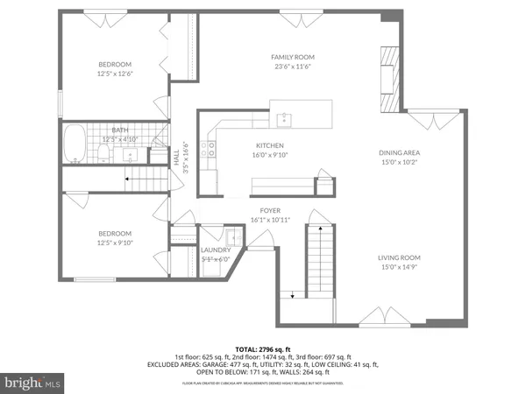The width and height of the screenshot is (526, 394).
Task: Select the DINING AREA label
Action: coord(399,151)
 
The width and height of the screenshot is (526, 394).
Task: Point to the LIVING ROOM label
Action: coord(399,257)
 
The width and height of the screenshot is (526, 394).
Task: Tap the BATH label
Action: coord(119,130)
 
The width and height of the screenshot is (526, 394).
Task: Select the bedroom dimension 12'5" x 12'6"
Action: coord(115,74)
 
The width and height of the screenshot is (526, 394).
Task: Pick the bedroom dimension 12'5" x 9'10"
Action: coord(115,243)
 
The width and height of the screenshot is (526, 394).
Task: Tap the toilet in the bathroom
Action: coord(103,155)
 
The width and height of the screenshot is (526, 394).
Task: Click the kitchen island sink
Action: coord(284,116)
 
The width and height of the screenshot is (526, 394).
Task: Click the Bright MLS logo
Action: coord(32,383)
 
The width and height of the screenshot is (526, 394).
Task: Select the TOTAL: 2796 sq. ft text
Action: coord(262,348)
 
